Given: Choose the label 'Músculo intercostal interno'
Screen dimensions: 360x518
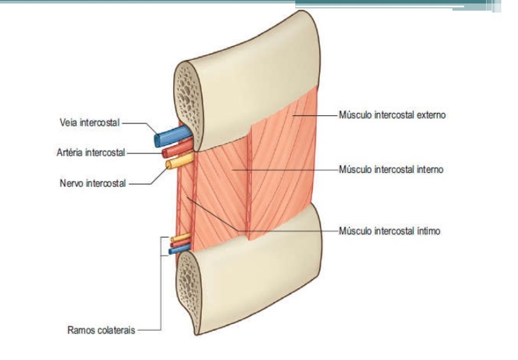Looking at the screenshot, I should coord(391,169).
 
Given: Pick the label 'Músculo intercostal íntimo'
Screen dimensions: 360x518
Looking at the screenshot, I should coord(389,230).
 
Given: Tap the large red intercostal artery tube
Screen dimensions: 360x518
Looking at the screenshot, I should coord(172,151).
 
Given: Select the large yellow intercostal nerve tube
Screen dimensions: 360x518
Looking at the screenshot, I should coord(175,164).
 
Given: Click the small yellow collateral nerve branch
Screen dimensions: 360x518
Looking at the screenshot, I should coord(180,239).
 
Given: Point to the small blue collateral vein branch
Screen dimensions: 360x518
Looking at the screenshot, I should coord(175,253).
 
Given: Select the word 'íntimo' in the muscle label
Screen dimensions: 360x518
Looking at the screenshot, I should coord(427,230).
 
